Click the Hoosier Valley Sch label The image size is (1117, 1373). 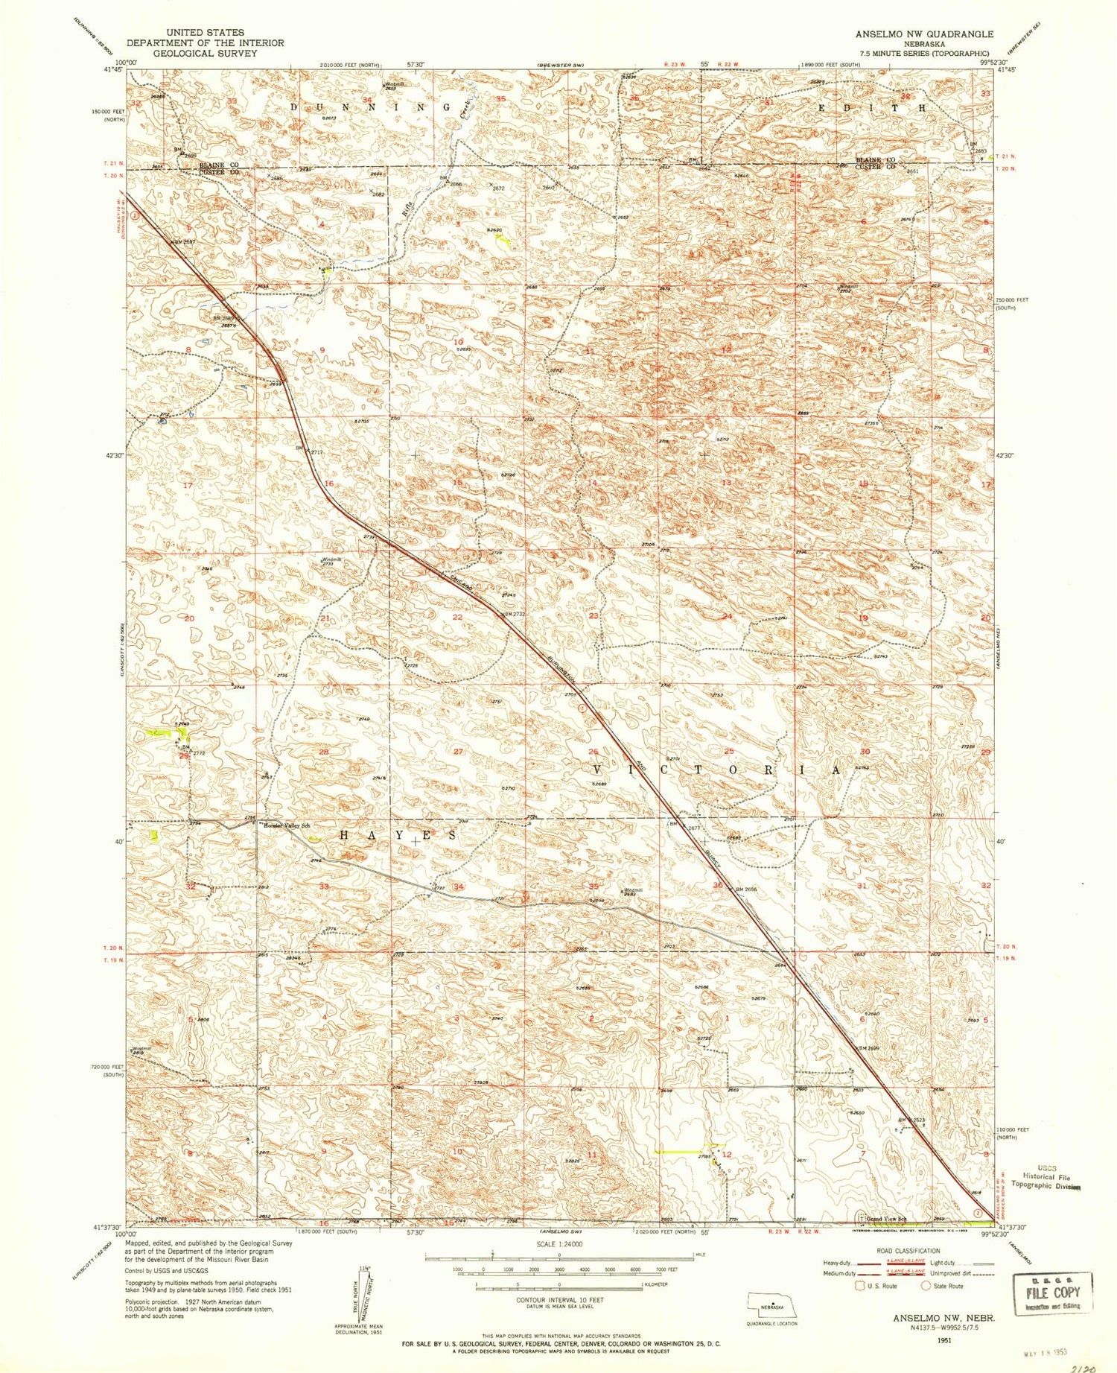284,825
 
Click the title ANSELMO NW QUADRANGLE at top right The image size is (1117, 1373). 923,34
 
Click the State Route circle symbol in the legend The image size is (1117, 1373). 926,1286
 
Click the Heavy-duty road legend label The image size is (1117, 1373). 837,1263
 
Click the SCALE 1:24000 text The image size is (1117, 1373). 558,1244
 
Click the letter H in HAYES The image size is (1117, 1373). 344,835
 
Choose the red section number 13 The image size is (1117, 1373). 726,483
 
